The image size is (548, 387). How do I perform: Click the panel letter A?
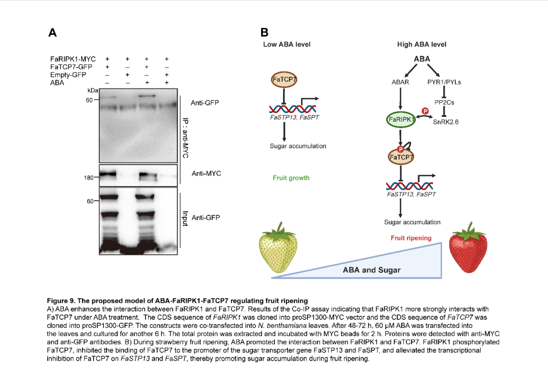(53, 33)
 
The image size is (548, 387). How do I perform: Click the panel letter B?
(264, 32)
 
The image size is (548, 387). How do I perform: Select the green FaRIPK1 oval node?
(400, 120)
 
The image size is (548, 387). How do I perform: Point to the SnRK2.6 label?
(445, 122)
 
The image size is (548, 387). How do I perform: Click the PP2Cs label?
(444, 102)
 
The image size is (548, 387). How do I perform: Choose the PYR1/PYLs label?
(444, 82)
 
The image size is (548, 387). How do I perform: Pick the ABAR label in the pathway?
(400, 82)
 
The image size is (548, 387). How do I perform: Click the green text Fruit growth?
(291, 178)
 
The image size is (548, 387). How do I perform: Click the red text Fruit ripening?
(411, 238)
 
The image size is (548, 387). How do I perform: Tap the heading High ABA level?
(422, 44)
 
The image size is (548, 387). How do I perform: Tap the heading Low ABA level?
(286, 44)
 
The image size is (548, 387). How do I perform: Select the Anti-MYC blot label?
(206, 174)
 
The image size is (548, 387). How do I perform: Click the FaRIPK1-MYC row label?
(73, 59)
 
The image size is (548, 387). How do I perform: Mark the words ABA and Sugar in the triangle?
(371, 270)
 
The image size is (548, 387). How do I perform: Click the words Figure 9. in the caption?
(61, 301)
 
